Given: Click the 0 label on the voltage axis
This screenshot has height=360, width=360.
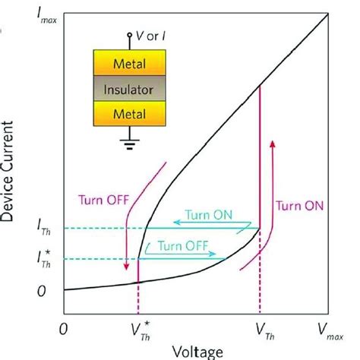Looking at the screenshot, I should (66, 329).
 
